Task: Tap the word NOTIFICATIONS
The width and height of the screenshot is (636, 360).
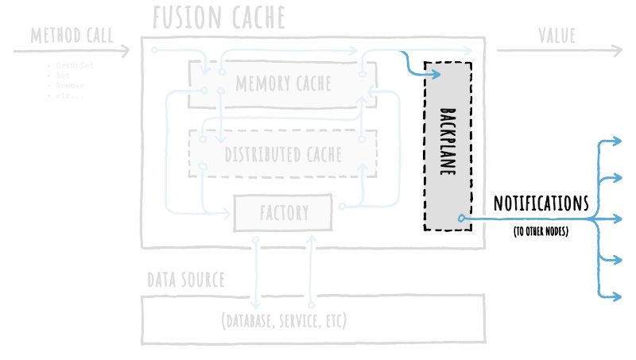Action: click(541, 203)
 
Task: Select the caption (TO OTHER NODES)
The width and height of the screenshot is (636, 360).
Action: click(541, 232)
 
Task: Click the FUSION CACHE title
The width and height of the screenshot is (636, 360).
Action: click(219, 17)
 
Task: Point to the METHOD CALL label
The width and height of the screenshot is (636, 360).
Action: click(72, 36)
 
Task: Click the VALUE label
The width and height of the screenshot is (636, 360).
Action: click(556, 36)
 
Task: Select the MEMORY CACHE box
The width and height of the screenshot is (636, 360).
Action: click(282, 83)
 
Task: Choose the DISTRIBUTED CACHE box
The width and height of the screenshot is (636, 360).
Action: click(282, 153)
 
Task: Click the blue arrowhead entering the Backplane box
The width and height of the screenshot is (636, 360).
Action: click(435, 75)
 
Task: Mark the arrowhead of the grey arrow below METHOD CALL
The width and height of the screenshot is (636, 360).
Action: click(125, 52)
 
